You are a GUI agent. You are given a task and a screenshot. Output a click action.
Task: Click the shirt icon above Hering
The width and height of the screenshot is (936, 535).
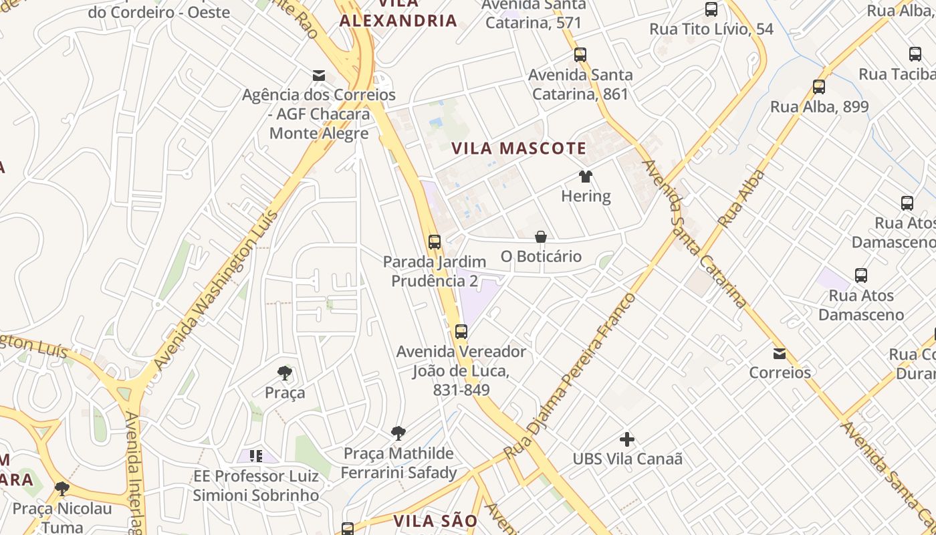click(586, 177)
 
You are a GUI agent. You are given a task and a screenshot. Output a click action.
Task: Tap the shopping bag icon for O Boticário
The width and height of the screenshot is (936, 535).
click(541, 237)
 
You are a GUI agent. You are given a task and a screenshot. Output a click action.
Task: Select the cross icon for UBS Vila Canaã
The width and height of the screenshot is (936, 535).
click(627, 439)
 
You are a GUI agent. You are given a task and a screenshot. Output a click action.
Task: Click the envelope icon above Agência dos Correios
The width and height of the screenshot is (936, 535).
click(319, 76)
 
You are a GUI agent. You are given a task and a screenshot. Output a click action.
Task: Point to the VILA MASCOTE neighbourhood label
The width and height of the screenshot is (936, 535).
click(519, 148)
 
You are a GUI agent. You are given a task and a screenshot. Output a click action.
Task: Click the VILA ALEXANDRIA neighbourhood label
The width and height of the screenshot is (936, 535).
click(398, 13)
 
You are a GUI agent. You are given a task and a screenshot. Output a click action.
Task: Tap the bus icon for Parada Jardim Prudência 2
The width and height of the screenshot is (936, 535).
click(435, 242)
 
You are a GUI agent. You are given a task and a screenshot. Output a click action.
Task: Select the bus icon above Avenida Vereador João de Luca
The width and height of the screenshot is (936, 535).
click(461, 332)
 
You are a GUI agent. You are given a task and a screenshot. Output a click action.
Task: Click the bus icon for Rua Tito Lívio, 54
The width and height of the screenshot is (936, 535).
click(711, 10)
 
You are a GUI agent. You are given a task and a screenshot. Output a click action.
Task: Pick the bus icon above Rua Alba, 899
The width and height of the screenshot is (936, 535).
click(819, 87)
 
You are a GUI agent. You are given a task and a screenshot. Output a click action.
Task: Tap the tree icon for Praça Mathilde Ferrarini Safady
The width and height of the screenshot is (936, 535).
click(398, 433)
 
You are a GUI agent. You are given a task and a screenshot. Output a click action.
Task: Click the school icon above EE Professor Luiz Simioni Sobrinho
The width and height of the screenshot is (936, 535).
click(255, 456)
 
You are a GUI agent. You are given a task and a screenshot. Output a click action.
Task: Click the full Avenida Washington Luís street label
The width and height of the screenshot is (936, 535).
click(215, 290)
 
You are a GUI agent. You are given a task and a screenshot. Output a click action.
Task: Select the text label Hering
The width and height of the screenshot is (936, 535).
click(586, 196)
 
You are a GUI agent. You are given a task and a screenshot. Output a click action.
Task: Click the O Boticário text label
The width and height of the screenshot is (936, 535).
click(541, 256)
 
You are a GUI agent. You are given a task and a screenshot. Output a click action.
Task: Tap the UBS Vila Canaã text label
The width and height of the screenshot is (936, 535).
click(627, 459)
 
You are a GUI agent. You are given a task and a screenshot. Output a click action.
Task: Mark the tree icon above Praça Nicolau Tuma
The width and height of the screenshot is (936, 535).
click(62, 489)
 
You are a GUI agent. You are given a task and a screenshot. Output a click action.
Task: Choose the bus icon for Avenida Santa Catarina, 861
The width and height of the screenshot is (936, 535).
click(580, 55)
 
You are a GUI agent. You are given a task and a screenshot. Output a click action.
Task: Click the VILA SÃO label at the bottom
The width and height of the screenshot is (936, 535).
click(435, 521)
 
